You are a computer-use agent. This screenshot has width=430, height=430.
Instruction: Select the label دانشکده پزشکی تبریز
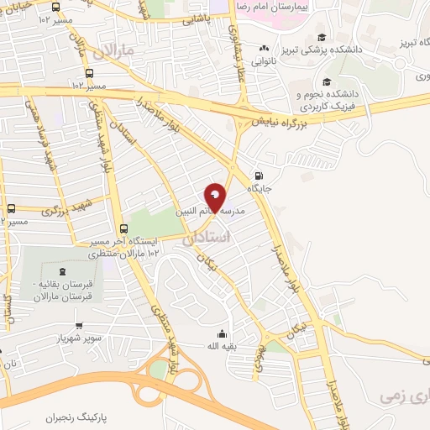click(341, 50)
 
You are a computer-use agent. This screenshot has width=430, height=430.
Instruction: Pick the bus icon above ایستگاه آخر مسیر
click(124, 228)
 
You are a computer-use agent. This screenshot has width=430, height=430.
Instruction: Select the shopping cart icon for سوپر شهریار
click(78, 327)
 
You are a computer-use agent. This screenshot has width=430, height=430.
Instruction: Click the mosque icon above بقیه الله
click(221, 333)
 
